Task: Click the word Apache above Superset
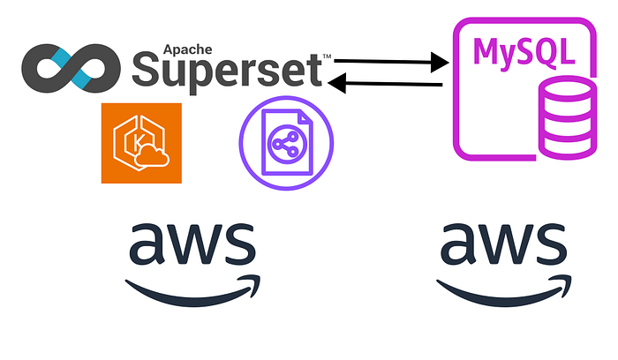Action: (x=187, y=50)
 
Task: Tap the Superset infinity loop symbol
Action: (x=71, y=68)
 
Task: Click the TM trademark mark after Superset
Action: (x=328, y=56)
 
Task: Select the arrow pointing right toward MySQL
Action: (x=391, y=62)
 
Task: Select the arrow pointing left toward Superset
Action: (x=385, y=83)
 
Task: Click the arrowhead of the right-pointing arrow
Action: (x=440, y=63)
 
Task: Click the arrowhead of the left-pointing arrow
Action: (x=337, y=83)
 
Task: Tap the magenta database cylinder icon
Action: (x=567, y=118)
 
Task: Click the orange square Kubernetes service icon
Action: (x=141, y=143)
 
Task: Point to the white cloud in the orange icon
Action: (x=152, y=156)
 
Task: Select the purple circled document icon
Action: (x=287, y=143)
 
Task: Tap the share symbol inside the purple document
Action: (x=287, y=144)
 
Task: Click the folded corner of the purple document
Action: (x=305, y=117)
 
